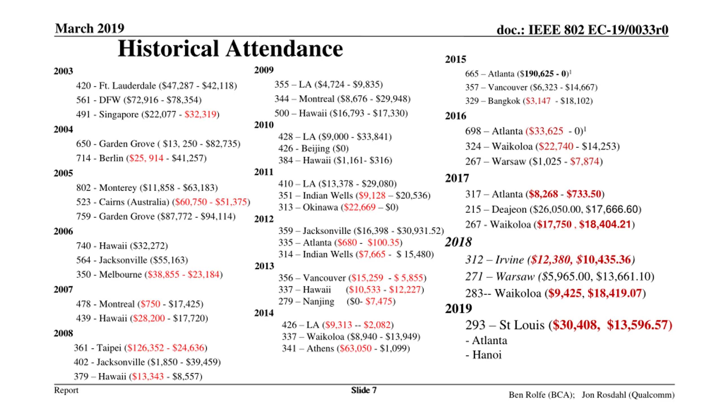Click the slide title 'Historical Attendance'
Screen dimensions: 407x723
(x=230, y=49)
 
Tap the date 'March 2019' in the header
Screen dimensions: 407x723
(x=90, y=28)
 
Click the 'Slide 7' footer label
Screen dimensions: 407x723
(x=363, y=390)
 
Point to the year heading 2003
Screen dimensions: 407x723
(x=63, y=71)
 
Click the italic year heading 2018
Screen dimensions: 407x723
(x=458, y=242)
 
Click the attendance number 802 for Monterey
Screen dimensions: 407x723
(x=83, y=188)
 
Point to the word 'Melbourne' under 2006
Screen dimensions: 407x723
(x=120, y=274)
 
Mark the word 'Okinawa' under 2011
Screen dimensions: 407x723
(x=320, y=207)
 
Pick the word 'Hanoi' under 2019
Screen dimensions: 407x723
(x=487, y=355)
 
